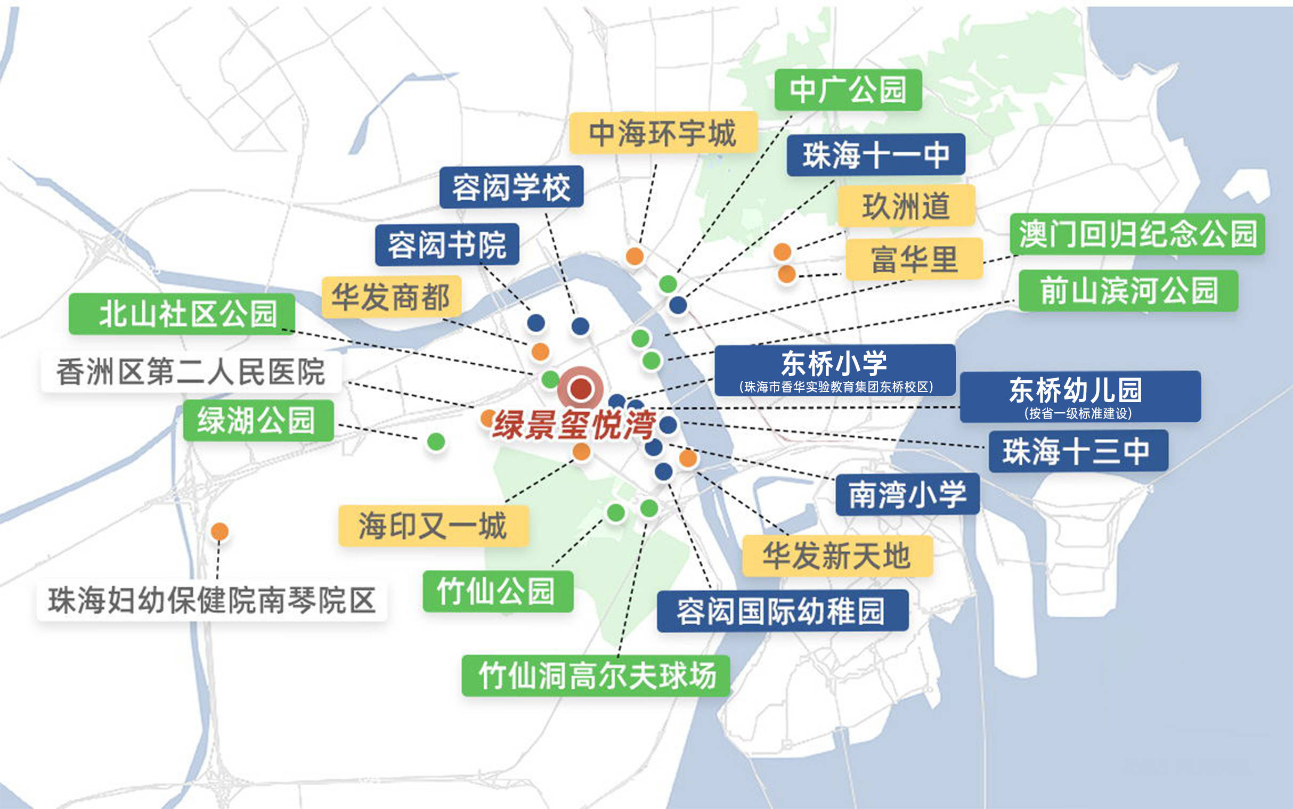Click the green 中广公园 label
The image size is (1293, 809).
pyautogui.click(x=848, y=90)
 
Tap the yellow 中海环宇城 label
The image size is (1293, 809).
pyautogui.click(x=663, y=133)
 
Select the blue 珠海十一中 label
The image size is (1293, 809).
pyautogui.click(x=875, y=154)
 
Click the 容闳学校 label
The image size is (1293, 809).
pyautogui.click(x=511, y=187)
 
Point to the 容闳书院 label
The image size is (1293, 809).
pyautogui.click(x=447, y=244)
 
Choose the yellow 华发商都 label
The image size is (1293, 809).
pyautogui.click(x=391, y=297)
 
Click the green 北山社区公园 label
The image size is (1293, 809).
pyautogui.click(x=182, y=314)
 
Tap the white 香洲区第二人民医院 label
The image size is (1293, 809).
pyautogui.click(x=191, y=371)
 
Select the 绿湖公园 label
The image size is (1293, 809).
pyautogui.click(x=258, y=421)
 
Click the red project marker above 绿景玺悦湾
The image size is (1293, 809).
pyautogui.click(x=581, y=389)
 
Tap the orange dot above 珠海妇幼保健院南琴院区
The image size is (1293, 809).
pyautogui.click(x=219, y=532)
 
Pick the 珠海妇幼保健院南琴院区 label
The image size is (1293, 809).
pyautogui.click(x=212, y=600)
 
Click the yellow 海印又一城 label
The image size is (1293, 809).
pyautogui.click(x=433, y=526)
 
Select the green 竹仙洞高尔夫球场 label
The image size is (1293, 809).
pyautogui.click(x=596, y=676)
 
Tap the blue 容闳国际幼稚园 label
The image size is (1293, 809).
pyautogui.click(x=782, y=611)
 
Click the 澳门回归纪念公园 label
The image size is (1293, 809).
pyautogui.click(x=1137, y=234)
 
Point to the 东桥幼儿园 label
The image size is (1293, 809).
pyautogui.click(x=1080, y=396)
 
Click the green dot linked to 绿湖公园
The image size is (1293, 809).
pyautogui.click(x=436, y=442)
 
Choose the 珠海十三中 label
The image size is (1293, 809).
pyautogui.click(x=1077, y=451)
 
